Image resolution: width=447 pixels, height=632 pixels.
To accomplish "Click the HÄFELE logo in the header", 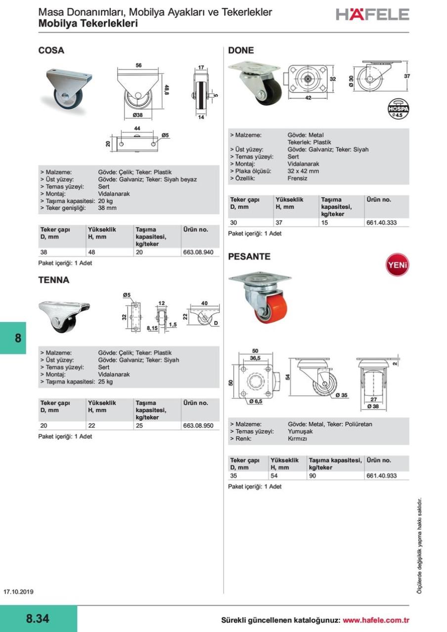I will point(372,14).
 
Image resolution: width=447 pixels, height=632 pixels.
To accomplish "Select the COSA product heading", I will point(51,50).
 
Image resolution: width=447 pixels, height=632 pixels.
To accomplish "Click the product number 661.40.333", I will point(381,223).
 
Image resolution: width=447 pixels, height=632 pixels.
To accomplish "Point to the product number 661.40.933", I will point(381,476).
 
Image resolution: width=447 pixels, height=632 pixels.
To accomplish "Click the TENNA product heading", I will point(54,280).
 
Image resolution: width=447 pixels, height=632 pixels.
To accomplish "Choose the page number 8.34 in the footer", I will point(38,619).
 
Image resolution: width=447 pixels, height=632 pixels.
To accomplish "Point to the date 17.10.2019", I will point(18,592).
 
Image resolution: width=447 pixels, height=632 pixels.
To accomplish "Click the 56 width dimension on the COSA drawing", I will point(139,65).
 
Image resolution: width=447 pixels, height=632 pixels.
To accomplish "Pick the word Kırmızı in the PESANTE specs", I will point(298,438).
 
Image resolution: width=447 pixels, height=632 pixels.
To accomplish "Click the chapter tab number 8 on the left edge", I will point(18,338).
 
